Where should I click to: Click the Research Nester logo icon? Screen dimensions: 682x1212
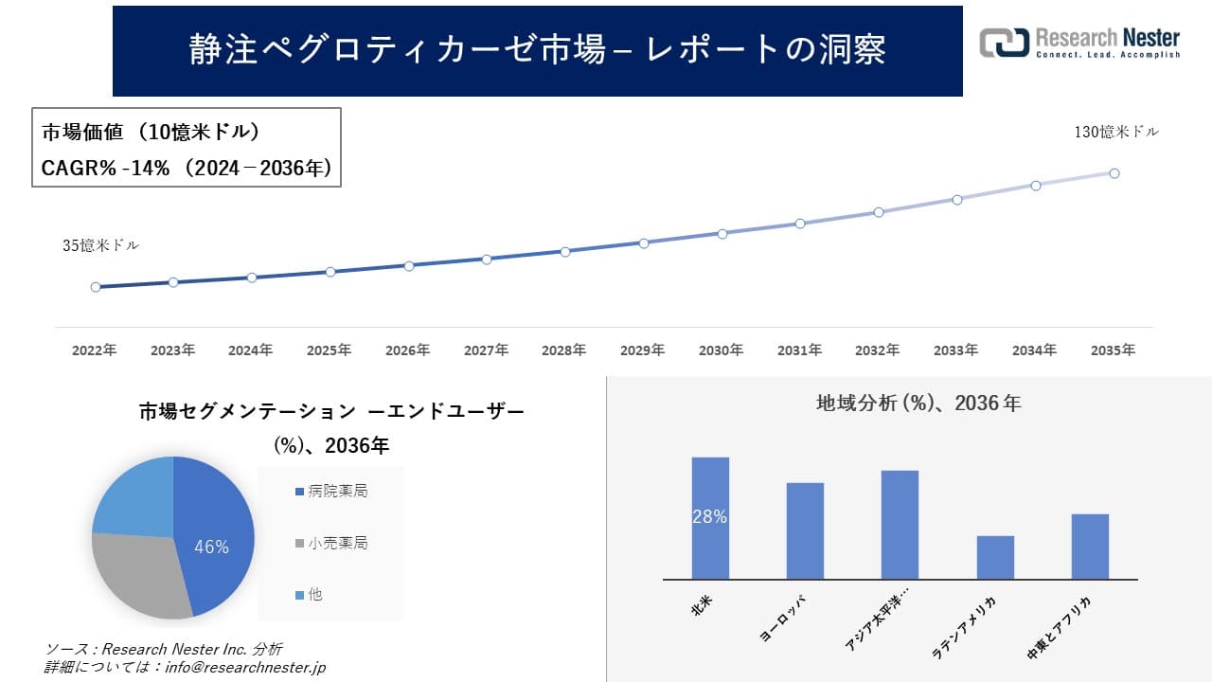1004,43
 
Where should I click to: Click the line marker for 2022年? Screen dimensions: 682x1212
96,287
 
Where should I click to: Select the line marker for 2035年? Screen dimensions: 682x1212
1114,173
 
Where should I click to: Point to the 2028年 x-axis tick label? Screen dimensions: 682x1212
564,350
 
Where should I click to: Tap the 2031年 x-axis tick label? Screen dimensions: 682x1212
799,350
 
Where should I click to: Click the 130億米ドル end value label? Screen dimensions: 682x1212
1115,133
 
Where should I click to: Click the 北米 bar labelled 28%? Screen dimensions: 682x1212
710,517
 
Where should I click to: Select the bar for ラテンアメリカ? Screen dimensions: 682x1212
995,557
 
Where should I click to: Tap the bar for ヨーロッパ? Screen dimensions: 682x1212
805,530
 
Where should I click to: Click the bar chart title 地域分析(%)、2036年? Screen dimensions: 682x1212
918,404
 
